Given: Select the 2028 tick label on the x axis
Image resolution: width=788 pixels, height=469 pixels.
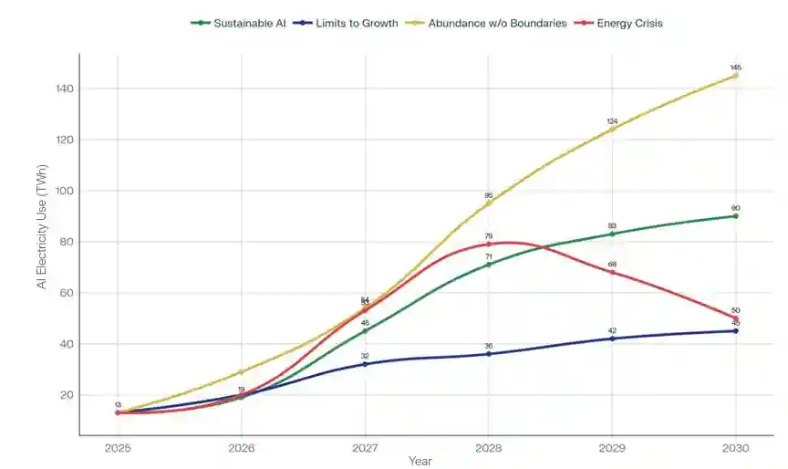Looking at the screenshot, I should click(x=488, y=449).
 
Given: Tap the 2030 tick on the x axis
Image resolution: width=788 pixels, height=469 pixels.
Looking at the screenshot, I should click(x=735, y=449).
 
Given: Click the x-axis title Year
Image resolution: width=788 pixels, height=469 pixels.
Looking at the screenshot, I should click(x=420, y=462).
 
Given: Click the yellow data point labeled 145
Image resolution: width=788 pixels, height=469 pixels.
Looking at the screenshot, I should click(x=735, y=76).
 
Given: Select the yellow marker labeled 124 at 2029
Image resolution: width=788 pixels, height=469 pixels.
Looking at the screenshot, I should click(x=612, y=129).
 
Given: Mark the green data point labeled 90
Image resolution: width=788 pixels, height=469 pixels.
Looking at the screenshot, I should click(x=735, y=216).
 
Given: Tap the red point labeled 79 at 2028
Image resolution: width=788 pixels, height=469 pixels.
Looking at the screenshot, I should click(x=489, y=244).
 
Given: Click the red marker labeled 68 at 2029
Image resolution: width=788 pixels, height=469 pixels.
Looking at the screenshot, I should click(x=612, y=272).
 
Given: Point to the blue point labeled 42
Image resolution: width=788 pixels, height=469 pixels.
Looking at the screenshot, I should click(x=612, y=339).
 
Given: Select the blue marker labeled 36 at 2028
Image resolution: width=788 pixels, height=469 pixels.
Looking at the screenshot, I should click(x=489, y=354).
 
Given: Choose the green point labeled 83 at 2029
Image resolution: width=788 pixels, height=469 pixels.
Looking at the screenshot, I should click(x=612, y=234).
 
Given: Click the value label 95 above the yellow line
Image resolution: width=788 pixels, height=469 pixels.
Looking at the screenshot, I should click(x=489, y=195).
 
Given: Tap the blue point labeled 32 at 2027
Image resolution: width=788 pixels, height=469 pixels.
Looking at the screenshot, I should click(x=365, y=364).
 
